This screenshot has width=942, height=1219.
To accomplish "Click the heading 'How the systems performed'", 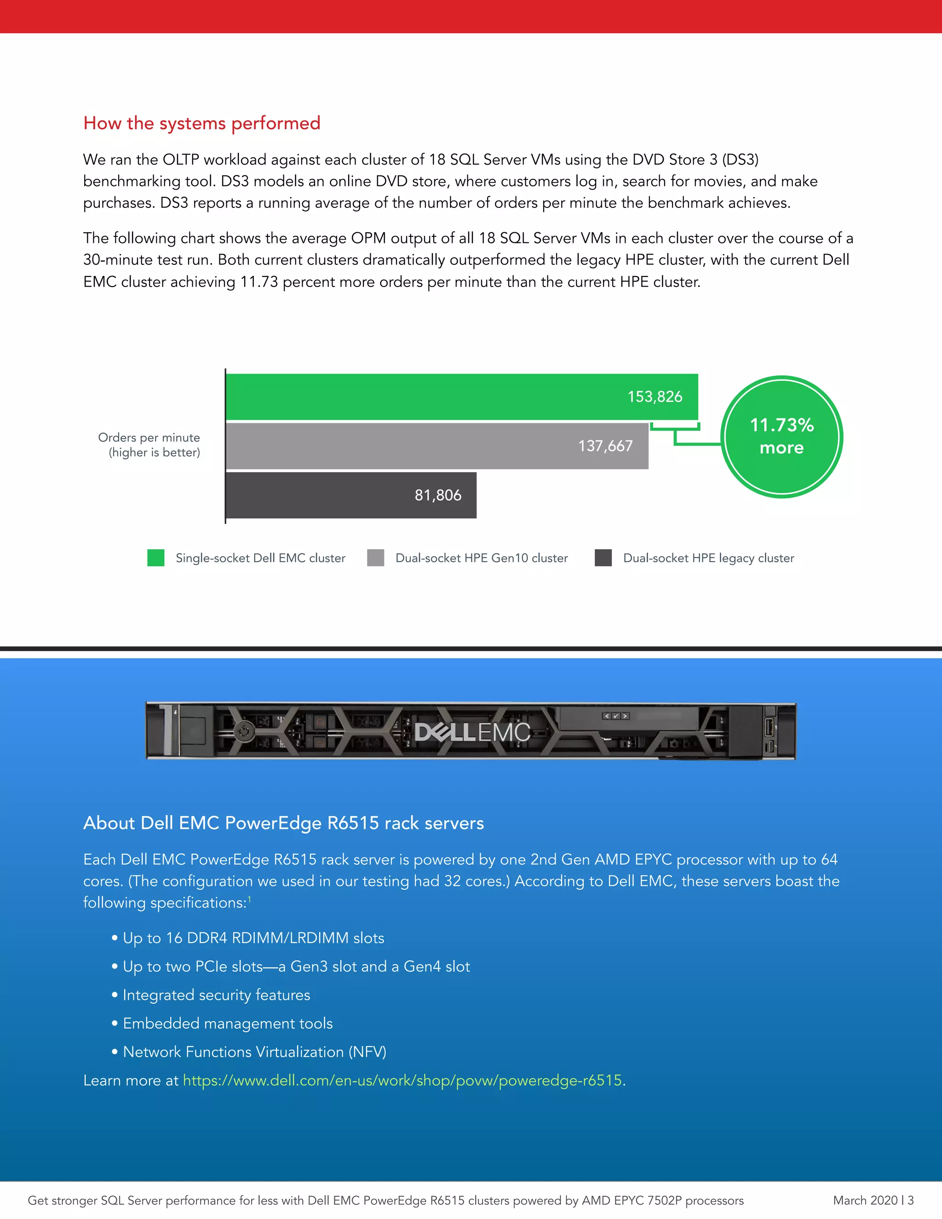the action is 201,123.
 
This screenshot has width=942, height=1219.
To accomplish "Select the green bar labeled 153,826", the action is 461,397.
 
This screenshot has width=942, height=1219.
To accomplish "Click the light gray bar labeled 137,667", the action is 437,446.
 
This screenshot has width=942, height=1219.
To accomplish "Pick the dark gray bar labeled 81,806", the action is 350,495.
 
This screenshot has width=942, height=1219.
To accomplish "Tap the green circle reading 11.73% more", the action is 781,437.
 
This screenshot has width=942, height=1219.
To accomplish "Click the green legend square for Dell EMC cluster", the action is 156,558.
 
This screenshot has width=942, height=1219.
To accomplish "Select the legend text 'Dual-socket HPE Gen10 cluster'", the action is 481,558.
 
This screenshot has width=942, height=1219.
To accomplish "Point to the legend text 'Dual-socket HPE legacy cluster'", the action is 708,558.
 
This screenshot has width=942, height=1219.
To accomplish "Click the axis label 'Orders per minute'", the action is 149,437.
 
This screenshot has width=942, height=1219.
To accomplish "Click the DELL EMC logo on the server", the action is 472,732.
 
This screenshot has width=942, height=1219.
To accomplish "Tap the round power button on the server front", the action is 244,730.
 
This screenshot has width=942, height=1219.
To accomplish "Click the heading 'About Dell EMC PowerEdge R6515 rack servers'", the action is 283,823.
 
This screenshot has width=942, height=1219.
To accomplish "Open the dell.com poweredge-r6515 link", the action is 402,1081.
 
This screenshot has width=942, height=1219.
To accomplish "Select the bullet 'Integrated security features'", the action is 216,995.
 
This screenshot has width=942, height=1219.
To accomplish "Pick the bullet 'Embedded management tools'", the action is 227,1023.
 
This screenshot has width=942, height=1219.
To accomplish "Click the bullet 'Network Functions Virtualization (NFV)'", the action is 254,1052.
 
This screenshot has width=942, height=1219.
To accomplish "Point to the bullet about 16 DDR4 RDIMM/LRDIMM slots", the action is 253,938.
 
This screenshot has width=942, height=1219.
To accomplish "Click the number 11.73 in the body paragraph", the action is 259,282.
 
